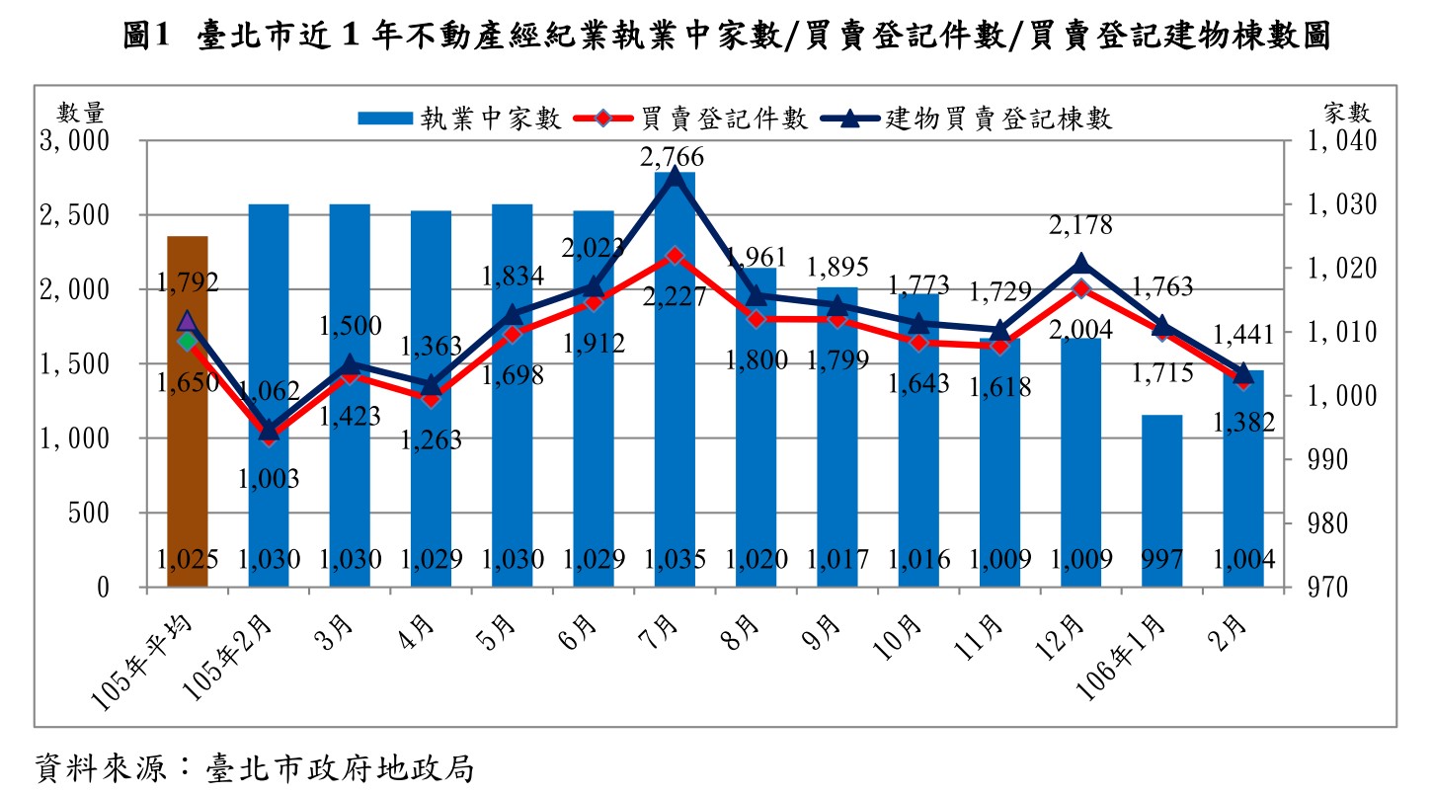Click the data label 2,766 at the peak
pos(673,157)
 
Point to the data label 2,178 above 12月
pos(1080,225)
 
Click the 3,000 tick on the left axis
pos(73,141)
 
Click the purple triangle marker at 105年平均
pos(188,321)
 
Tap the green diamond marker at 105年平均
pos(188,342)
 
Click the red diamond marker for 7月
pos(675,256)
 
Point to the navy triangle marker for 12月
pos(1080,263)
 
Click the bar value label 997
pos(1162,560)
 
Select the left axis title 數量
pos(80,112)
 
